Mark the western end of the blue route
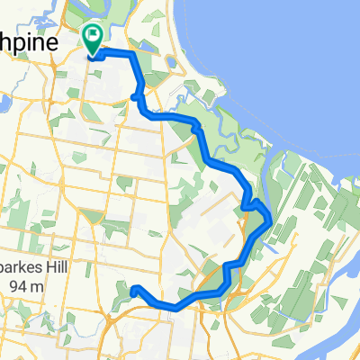point(134,290)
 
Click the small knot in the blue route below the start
point(135,96)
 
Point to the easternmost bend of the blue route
point(271,219)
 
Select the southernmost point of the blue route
point(173,308)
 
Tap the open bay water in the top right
point(297,54)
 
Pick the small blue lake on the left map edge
point(4,103)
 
